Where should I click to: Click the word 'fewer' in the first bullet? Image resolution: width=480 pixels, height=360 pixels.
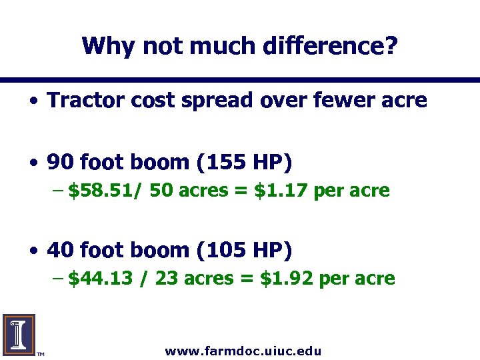point(332,101)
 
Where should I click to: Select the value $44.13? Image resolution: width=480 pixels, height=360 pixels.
point(99,279)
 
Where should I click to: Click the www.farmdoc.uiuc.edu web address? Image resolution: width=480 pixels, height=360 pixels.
point(243,351)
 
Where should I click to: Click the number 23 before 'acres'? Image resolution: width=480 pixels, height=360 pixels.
point(165,279)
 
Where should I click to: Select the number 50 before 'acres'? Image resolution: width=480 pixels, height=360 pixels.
point(160,191)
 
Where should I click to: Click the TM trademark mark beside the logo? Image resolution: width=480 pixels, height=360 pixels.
point(40,353)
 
